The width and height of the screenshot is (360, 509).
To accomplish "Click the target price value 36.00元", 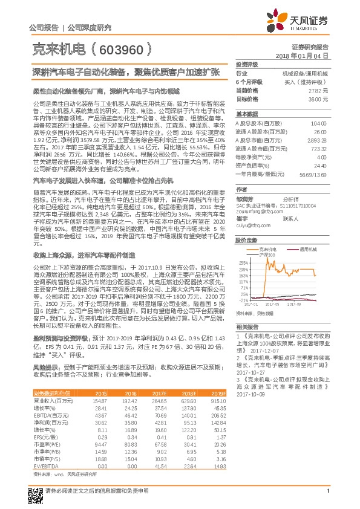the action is pos(318,99).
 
